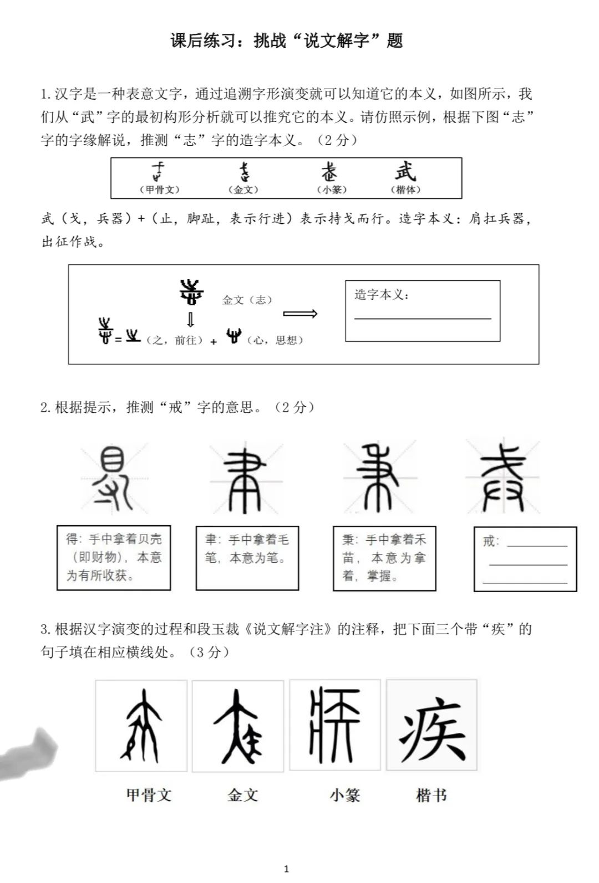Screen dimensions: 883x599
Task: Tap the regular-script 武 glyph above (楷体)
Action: coord(405,171)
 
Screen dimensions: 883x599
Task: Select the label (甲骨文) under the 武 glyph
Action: coord(159,189)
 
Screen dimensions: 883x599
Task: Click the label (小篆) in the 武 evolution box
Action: coord(332,189)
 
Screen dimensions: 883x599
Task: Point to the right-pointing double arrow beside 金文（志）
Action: coord(300,314)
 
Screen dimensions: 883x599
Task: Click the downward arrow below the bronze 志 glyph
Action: coord(190,320)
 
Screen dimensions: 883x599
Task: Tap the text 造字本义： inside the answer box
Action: coord(382,295)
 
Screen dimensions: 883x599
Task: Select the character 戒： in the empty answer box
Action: coord(491,541)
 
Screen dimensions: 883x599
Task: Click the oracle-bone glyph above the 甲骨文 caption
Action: coord(141,725)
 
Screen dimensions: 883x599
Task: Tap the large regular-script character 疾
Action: coord(432,725)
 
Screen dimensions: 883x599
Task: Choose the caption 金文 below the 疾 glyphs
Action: coord(242,795)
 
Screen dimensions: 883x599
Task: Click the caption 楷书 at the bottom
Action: coord(431,795)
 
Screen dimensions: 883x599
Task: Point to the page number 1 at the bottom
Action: coord(286,869)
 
